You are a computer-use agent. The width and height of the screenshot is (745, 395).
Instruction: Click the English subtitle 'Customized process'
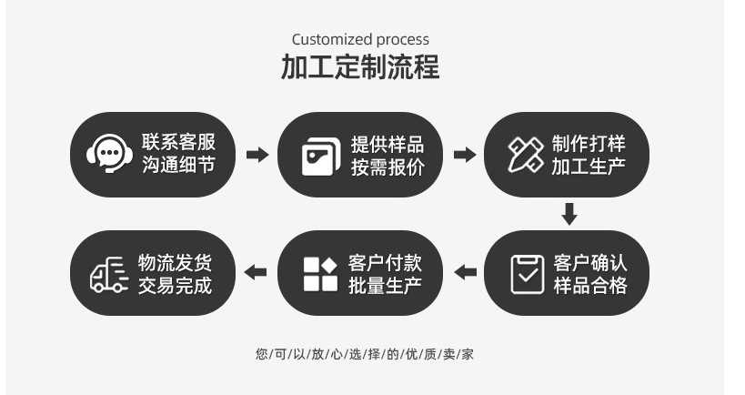360,39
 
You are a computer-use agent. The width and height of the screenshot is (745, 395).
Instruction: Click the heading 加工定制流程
360,67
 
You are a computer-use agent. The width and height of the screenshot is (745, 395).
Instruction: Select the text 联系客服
178,142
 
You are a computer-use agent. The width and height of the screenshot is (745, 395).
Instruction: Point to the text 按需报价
388,167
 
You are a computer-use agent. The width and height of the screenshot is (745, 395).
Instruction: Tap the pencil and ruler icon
526,155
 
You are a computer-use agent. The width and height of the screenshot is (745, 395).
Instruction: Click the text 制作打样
589,144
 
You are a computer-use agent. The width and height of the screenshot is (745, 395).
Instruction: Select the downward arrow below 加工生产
569,215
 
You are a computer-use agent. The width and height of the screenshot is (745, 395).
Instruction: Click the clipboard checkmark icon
527,273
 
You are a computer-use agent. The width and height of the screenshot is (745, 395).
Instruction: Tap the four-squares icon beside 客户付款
319,273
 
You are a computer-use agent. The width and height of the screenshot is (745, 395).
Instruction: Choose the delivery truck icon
108,273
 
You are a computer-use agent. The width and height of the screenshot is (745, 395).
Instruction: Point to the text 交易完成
176,285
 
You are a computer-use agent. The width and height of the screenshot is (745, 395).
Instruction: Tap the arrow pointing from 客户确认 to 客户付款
465,272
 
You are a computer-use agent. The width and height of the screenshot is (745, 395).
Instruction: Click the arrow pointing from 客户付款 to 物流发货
257,272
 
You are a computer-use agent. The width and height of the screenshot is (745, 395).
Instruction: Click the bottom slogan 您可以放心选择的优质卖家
364,354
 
